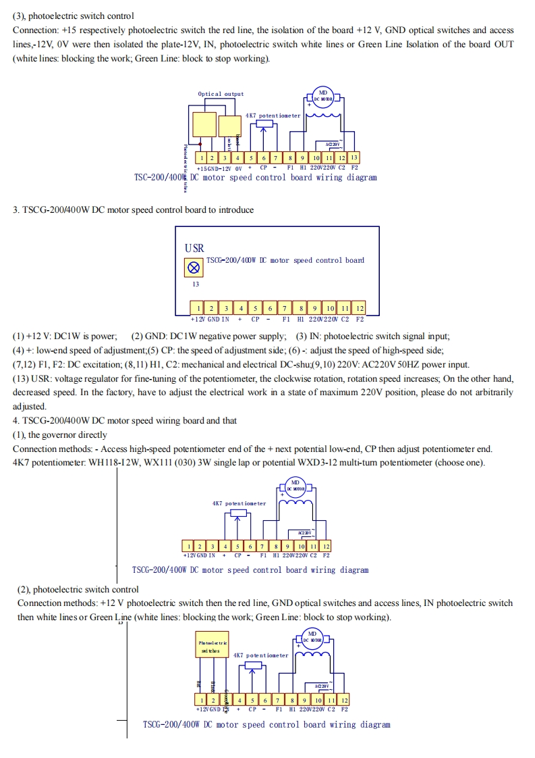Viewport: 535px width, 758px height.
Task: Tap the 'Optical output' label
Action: click(221, 94)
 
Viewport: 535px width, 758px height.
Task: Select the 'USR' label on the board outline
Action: click(194, 249)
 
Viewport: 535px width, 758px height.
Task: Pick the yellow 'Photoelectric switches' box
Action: click(213, 647)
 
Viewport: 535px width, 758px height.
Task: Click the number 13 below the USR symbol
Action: click(196, 284)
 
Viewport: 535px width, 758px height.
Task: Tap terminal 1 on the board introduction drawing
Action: click(199, 309)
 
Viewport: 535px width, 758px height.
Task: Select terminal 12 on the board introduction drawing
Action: click(360, 309)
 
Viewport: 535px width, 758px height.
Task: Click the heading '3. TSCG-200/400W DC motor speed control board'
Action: click(134, 210)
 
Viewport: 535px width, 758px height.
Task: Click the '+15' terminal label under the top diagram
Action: click(201, 168)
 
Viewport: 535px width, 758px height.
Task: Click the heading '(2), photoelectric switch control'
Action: click(78, 590)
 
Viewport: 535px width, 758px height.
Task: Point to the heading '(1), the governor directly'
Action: click(60, 435)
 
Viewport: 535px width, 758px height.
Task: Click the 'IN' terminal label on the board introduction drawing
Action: click(225, 319)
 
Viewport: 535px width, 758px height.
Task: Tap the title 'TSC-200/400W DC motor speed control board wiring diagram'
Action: click(256, 178)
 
